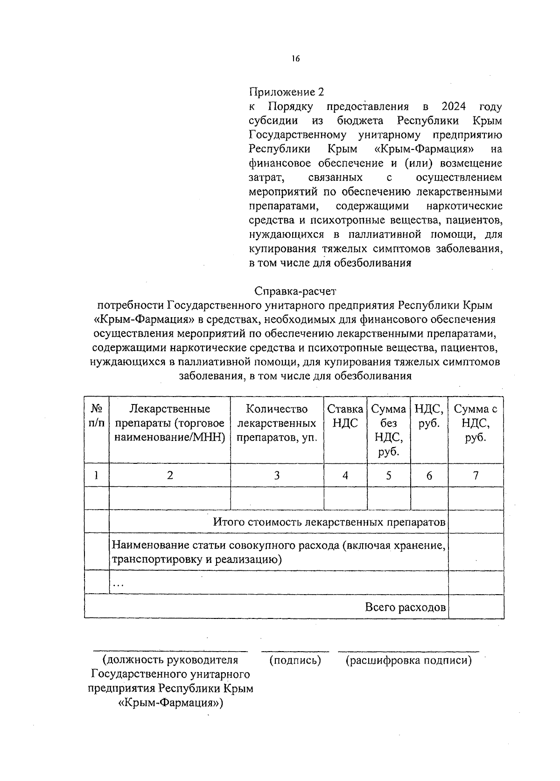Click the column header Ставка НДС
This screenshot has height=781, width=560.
click(x=345, y=416)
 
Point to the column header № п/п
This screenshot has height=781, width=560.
click(x=97, y=416)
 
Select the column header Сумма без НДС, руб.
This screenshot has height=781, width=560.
click(x=388, y=430)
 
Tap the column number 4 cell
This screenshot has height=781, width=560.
click(x=345, y=476)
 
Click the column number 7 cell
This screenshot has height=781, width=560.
click(x=476, y=476)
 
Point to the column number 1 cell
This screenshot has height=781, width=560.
click(x=97, y=476)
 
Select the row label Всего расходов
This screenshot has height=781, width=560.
click(x=405, y=607)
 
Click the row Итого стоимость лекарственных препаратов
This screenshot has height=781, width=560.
click(x=329, y=522)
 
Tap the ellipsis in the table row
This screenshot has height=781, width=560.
click(x=119, y=584)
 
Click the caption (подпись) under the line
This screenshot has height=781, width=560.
click(x=295, y=660)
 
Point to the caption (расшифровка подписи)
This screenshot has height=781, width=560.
click(x=408, y=660)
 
